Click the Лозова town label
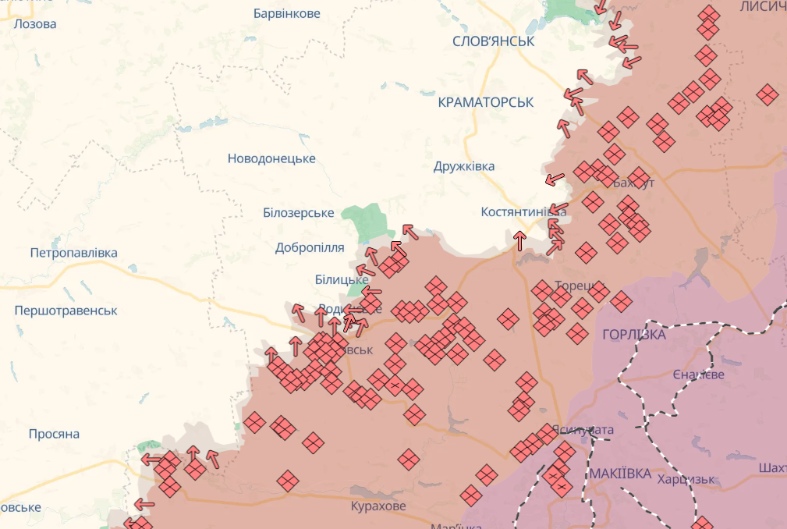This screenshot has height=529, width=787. tap(34, 23)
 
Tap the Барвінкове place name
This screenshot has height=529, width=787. tap(287, 14)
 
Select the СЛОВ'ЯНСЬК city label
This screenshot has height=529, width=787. tap(493, 41)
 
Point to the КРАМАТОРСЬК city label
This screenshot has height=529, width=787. tap(485, 102)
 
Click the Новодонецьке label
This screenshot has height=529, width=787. tap(271, 158)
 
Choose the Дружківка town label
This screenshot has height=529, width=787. tap(464, 166)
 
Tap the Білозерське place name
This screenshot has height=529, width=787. tap(299, 213)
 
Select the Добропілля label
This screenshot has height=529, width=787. tap(310, 247)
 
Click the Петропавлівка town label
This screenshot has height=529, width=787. tap(73, 253)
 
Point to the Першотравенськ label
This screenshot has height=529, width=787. tap(66, 311)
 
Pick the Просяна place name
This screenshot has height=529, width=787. tap(54, 434)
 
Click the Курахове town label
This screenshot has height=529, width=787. tap(378, 506)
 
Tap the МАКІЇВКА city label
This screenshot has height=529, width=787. tap(620, 474)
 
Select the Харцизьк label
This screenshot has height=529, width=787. tap(686, 479)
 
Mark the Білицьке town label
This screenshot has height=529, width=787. tap(342, 279)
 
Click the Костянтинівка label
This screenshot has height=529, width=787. tap(523, 212)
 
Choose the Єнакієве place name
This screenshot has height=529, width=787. tap(698, 375)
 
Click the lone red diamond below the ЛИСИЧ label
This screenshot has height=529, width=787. tap(768, 94)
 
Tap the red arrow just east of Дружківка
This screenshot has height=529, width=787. tap(555, 179)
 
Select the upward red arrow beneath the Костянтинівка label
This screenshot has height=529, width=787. tap(519, 240)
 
